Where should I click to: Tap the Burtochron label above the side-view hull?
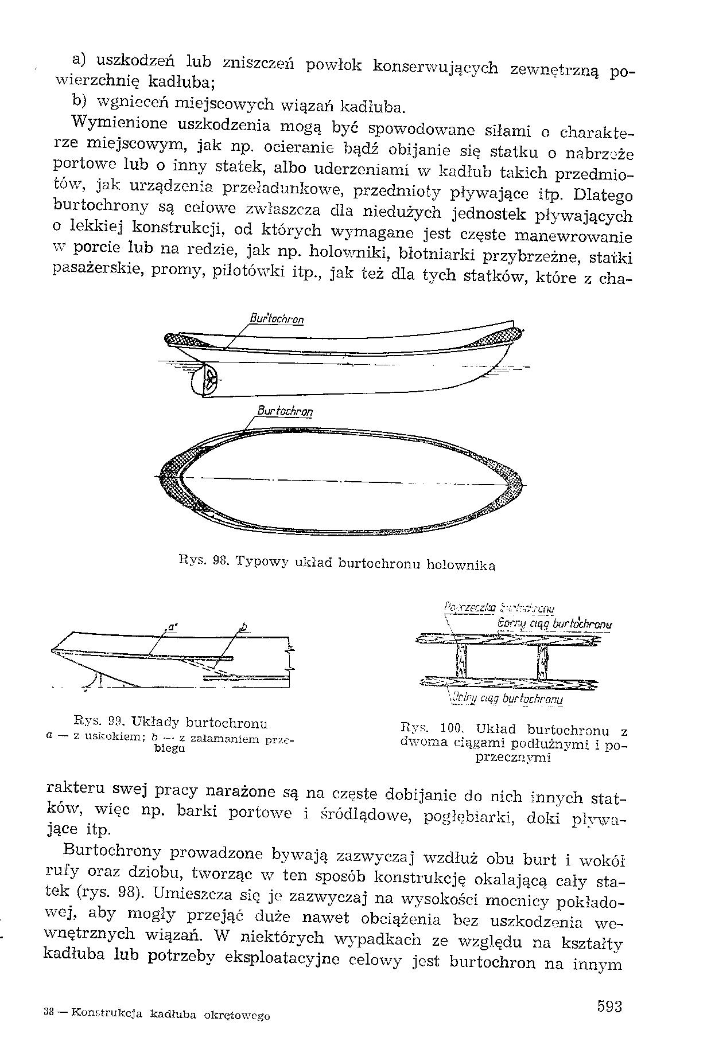pyautogui.click(x=277, y=319)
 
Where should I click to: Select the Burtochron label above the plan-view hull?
pyautogui.click(x=285, y=411)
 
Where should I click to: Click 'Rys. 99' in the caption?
pyautogui.click(x=94, y=722)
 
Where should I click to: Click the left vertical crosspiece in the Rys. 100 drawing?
pyautogui.click(x=460, y=661)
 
